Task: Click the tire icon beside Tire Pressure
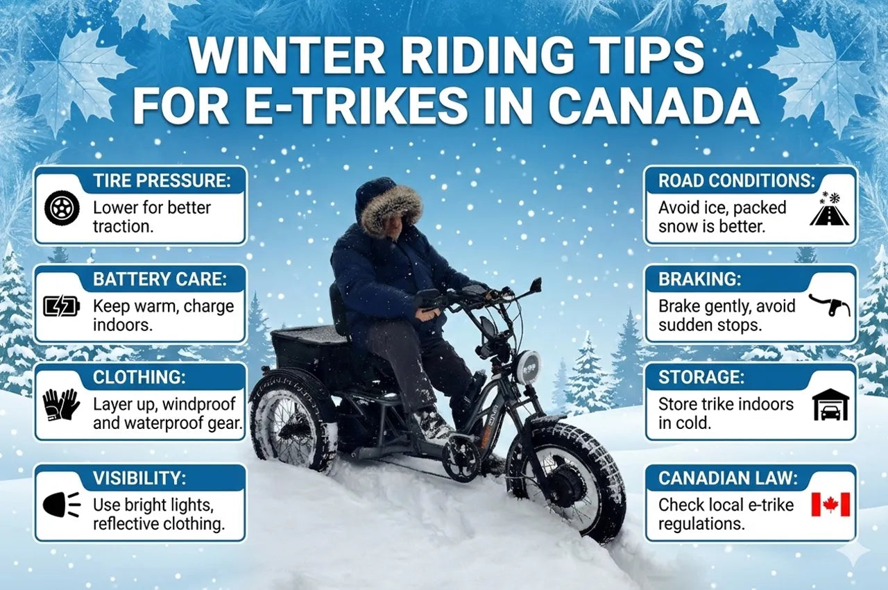coord(62,208)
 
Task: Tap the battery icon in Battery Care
coord(62,305)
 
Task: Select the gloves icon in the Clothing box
coord(62,404)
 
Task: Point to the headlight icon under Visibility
coord(62,505)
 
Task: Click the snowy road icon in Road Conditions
coord(829,208)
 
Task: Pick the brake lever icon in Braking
coord(829,305)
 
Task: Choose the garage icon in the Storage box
coord(830,404)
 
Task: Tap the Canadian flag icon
coord(830,505)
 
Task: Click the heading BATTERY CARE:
coord(160,279)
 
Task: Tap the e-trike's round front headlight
coord(527,367)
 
